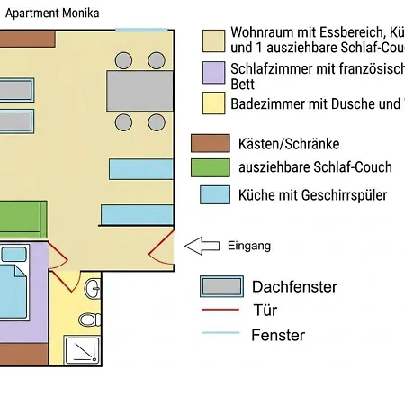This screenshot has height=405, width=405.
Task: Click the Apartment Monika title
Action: click(52, 13)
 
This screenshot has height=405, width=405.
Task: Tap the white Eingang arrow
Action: click(202, 246)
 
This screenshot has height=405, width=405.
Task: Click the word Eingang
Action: click(249, 246)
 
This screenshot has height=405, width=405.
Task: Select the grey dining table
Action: click(139, 91)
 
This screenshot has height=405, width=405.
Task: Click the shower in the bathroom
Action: click(82, 350)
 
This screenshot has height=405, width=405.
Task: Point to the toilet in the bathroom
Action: click(90, 319)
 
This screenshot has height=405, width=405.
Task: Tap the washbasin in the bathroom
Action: click(93, 288)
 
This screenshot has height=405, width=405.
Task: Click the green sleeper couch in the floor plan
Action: click(23, 220)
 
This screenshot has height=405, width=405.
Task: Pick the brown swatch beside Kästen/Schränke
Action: click(211, 143)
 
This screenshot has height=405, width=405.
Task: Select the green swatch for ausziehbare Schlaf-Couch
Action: click(211, 167)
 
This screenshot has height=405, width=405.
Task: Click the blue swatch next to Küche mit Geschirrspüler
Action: click(215, 194)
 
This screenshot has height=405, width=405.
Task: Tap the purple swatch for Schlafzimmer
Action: click(213, 73)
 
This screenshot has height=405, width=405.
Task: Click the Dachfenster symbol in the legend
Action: click(221, 286)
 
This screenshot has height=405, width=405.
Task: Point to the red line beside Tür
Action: click(220, 310)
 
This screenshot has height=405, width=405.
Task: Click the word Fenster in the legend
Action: click(278, 335)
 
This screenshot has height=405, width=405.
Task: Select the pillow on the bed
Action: click(13, 254)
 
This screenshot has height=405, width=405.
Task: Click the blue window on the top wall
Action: click(141, 30)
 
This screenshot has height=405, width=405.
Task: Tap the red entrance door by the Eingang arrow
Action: click(161, 247)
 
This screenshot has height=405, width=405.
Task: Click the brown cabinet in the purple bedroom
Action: click(24, 355)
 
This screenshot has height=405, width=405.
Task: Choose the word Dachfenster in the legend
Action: click(294, 287)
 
